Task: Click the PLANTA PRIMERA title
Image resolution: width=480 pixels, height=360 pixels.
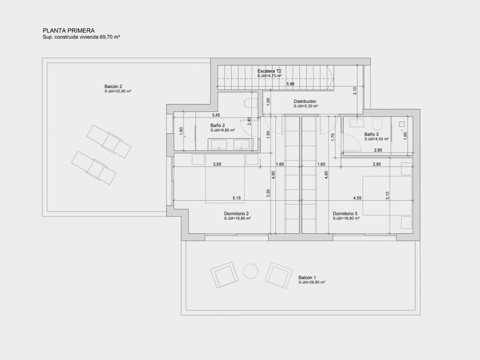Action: [68, 29]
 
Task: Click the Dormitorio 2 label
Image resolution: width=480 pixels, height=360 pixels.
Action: [237, 214]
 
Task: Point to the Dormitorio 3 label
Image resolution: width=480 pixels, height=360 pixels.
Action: [345, 214]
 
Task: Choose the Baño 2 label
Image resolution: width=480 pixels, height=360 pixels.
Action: [219, 125]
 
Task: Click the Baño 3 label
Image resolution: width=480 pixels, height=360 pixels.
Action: [372, 134]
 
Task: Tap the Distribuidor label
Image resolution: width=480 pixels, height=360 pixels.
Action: [306, 101]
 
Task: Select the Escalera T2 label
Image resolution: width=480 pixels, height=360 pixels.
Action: [269, 72]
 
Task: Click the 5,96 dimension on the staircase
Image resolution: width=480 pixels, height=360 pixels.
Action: [291, 84]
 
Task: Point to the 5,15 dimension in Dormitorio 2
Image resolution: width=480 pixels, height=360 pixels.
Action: [237, 198]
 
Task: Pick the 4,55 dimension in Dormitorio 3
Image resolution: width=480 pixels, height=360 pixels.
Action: [357, 198]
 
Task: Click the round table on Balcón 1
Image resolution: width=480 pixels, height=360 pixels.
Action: [249, 271]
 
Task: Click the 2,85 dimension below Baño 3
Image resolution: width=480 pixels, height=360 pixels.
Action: [378, 151]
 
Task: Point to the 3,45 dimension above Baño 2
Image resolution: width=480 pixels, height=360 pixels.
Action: [216, 115]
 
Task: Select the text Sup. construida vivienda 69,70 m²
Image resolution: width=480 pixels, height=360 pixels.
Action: [81, 37]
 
